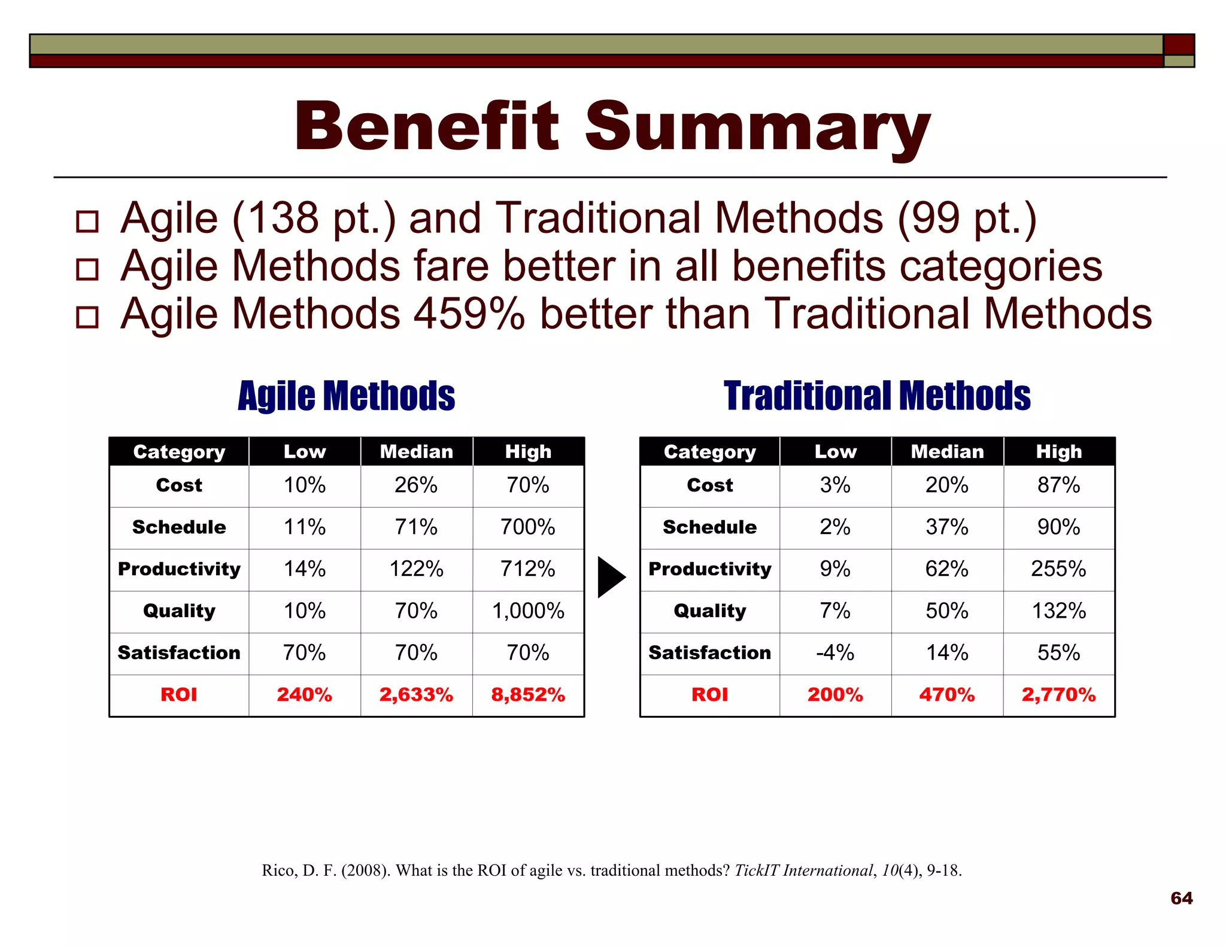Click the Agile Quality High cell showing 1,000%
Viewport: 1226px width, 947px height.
click(x=528, y=611)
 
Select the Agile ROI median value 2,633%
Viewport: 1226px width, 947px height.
click(x=416, y=695)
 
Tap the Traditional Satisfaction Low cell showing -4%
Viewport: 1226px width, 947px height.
click(x=835, y=653)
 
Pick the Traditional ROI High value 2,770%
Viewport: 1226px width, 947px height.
click(x=1058, y=695)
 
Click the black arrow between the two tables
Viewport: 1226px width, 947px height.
click(x=611, y=577)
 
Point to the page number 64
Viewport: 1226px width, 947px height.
click(x=1181, y=899)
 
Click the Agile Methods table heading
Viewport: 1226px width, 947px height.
click(x=346, y=396)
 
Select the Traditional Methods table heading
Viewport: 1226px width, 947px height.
click(x=877, y=396)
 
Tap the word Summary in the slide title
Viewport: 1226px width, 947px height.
click(x=757, y=127)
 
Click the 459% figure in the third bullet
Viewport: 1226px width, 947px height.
click(x=469, y=314)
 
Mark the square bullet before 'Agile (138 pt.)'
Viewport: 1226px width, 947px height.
click(x=87, y=221)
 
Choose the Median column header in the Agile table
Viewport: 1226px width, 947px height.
click(x=416, y=451)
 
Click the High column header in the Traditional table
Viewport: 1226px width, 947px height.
click(x=1058, y=451)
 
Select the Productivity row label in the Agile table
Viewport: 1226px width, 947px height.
click(x=179, y=569)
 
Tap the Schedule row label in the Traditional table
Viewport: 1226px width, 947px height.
click(x=709, y=527)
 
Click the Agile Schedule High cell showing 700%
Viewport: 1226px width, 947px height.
click(x=528, y=527)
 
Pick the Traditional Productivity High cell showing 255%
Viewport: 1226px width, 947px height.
click(x=1058, y=569)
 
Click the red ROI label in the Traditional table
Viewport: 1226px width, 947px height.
click(x=709, y=695)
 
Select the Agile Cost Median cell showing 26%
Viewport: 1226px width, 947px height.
click(x=416, y=485)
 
